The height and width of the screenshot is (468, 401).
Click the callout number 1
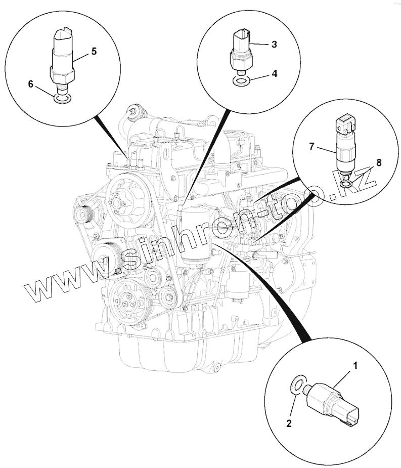click(x=355, y=365)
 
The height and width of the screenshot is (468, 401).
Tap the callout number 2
click(x=289, y=424)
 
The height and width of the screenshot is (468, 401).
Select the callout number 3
click(x=274, y=45)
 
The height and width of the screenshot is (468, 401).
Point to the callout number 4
click(x=274, y=73)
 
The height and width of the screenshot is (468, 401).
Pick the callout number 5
click(x=94, y=51)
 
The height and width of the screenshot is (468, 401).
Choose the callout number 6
click(x=31, y=84)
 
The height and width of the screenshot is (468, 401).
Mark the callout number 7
click(x=312, y=147)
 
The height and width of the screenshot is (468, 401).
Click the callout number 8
click(x=379, y=162)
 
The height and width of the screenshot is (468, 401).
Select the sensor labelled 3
click(x=241, y=49)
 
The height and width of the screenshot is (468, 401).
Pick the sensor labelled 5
click(x=63, y=56)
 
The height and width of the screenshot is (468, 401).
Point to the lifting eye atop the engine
click(x=135, y=110)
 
